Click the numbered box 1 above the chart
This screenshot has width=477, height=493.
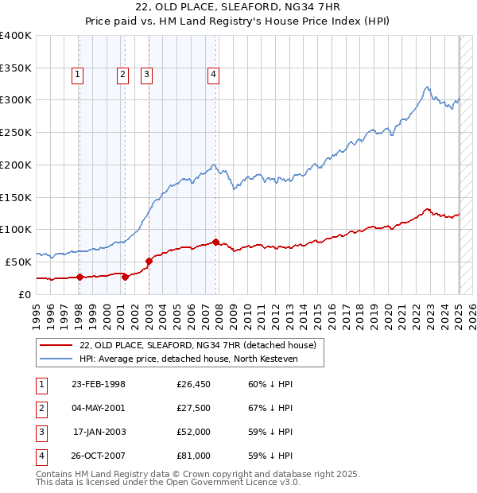(x=78, y=76)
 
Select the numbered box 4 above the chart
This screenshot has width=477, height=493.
(x=214, y=76)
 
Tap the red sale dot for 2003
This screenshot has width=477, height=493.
(x=149, y=260)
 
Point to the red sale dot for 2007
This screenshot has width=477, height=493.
(x=217, y=242)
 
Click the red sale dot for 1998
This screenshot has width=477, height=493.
(x=79, y=277)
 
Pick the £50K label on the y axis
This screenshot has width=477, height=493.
(x=19, y=262)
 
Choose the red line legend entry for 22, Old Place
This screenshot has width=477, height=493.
(x=198, y=345)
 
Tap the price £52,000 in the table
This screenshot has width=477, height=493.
(x=194, y=432)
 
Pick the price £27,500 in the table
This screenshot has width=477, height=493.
(x=194, y=408)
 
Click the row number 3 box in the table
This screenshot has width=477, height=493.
(x=40, y=432)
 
